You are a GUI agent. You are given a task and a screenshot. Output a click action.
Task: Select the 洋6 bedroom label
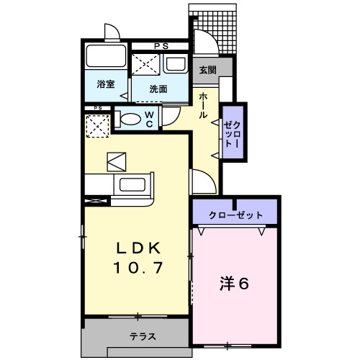(x=234, y=284)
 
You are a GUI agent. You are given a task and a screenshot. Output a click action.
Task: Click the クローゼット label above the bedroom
(x=235, y=215)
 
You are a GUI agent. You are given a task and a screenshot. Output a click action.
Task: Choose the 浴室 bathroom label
(x=105, y=84)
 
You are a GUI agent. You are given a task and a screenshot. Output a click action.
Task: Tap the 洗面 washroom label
(x=158, y=89)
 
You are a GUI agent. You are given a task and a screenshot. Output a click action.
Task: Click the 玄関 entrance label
(x=207, y=70)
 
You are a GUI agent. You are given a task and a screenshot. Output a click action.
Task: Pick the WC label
(x=149, y=119)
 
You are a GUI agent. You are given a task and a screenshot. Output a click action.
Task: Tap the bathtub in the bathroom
(x=106, y=57)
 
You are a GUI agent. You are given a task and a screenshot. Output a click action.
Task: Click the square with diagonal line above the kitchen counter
(x=116, y=161)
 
